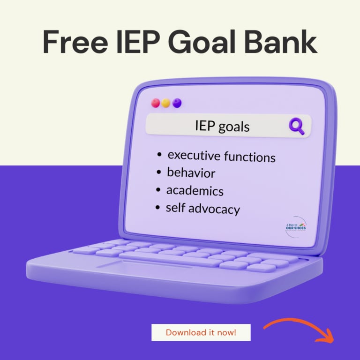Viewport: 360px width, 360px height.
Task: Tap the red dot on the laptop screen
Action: tap(156, 103)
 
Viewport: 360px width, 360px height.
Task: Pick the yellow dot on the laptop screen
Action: tap(166, 103)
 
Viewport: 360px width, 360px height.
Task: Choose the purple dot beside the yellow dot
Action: tap(177, 103)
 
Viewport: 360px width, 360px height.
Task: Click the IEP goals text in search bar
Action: tap(222, 126)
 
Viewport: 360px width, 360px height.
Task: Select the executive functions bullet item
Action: tap(221, 156)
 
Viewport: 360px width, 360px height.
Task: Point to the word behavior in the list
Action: tap(191, 173)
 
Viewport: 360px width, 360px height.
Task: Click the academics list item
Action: tap(195, 191)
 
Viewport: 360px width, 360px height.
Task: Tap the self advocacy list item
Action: tap(202, 208)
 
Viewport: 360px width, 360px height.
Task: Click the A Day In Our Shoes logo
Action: tap(295, 226)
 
